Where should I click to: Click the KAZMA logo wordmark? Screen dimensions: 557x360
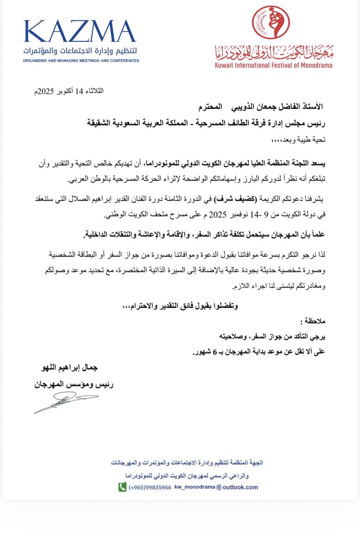79,32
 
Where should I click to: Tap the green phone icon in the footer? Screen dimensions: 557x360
122,487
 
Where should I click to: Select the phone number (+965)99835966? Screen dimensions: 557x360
151,487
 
